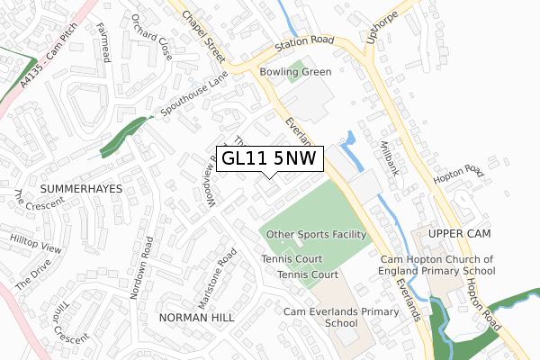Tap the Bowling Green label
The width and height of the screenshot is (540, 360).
pos(295,72)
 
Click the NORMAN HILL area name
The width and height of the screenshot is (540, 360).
pos(195,319)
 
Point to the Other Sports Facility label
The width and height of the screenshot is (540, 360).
pos(315,234)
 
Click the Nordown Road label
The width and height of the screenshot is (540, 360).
pos(143,267)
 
